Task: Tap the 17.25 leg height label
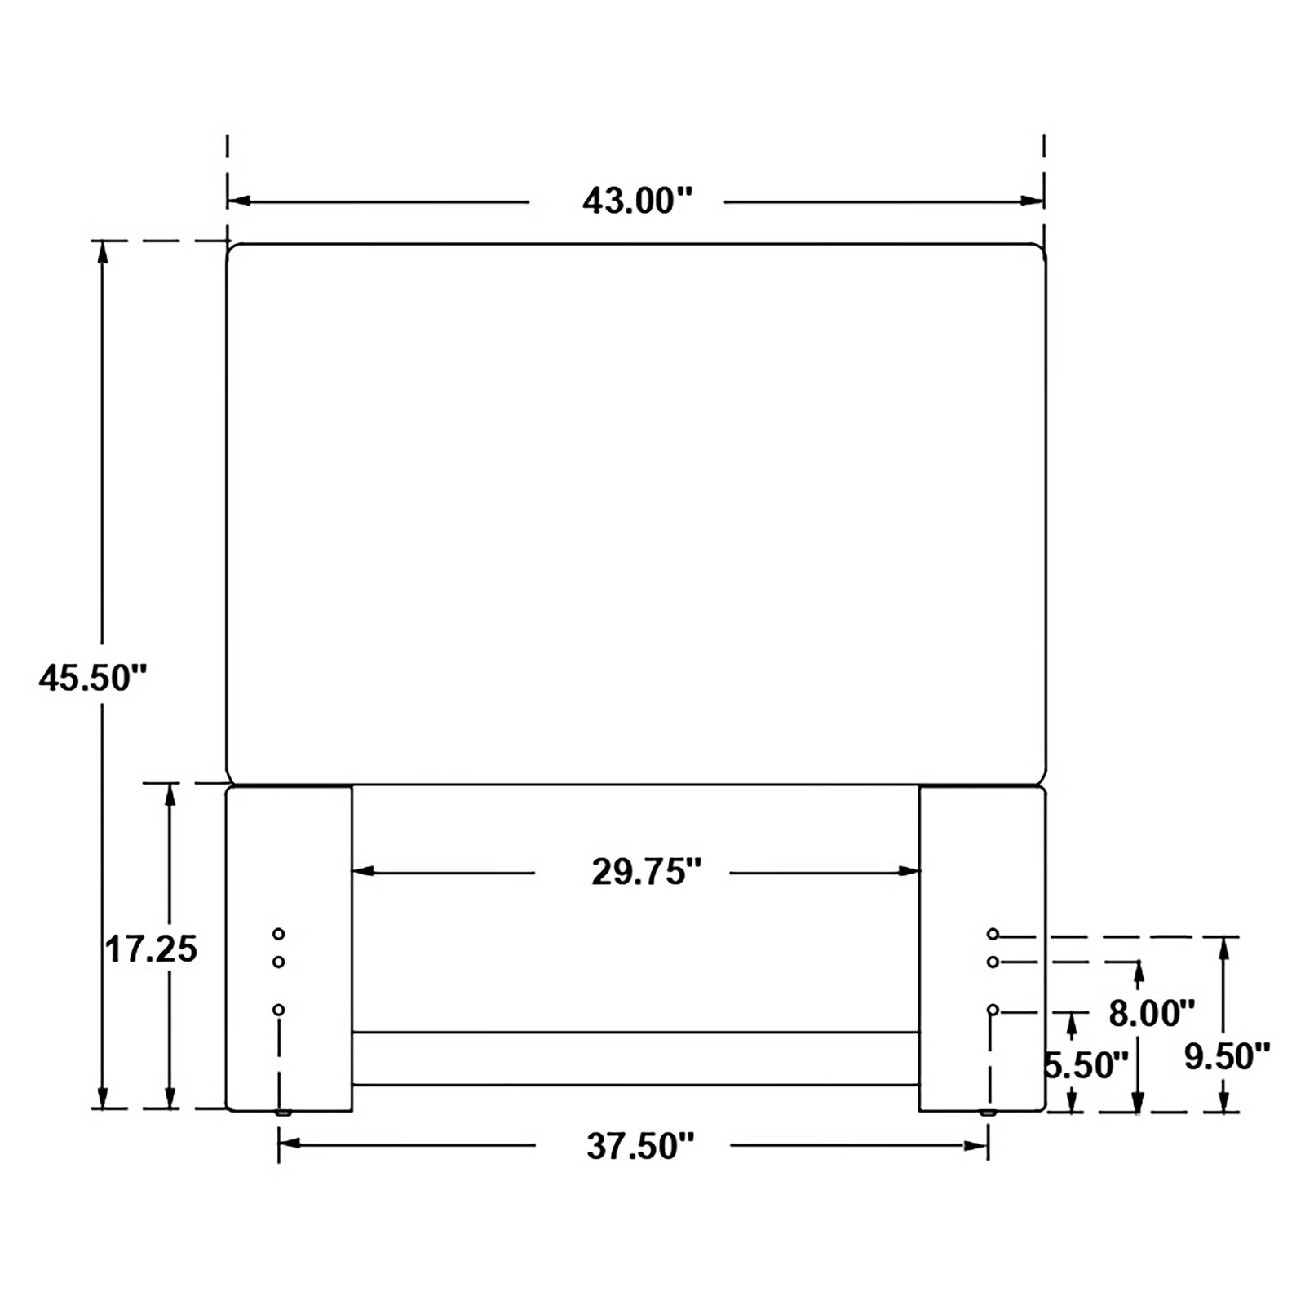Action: coord(152,949)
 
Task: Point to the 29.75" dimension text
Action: coord(647,873)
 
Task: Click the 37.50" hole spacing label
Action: coord(640,1147)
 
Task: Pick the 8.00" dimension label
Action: coord(1152,1014)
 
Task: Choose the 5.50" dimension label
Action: coord(1086,1065)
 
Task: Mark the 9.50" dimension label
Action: coord(1228,1056)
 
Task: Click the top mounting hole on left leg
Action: coord(279,933)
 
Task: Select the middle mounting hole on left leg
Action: coord(279,962)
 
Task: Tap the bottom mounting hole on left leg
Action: coord(279,1011)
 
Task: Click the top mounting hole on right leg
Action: coord(993,933)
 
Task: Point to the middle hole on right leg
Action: coord(993,962)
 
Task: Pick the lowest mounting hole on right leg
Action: coord(993,1011)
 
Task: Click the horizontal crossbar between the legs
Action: coord(635,1059)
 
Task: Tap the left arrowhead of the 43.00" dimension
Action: coord(238,201)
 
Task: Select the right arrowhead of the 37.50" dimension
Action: coord(977,1146)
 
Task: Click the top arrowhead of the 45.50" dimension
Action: coord(103,252)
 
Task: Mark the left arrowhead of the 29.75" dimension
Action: coord(363,872)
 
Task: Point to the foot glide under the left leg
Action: coord(284,1113)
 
